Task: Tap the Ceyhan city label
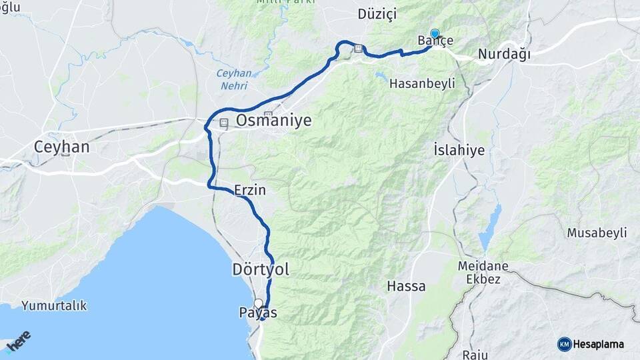pyautogui.click(x=61, y=147)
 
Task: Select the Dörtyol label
pyautogui.click(x=261, y=269)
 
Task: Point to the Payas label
pyautogui.click(x=258, y=312)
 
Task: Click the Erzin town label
pyautogui.click(x=250, y=190)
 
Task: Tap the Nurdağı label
pyautogui.click(x=505, y=55)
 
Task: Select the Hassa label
pyautogui.click(x=406, y=286)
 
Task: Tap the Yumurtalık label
pyautogui.click(x=54, y=306)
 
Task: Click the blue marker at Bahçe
pyautogui.click(x=435, y=34)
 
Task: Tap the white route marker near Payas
pyautogui.click(x=258, y=303)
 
